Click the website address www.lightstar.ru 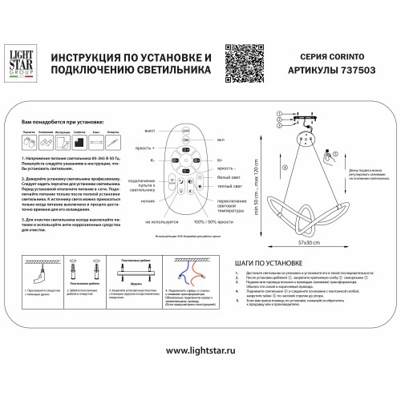click(200, 373)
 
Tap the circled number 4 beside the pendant click(285, 168)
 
